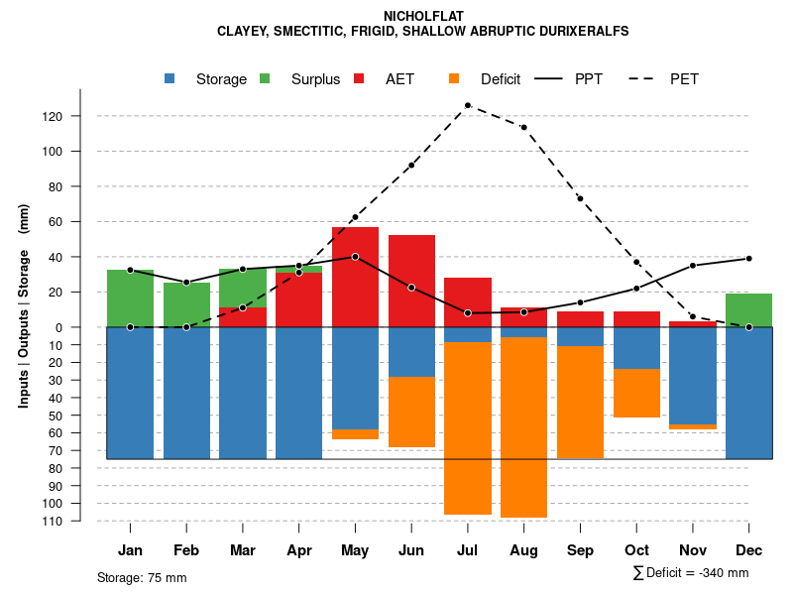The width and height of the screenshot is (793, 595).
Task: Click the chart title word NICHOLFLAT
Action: click(x=422, y=16)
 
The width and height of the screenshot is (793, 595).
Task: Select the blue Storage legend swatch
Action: click(x=170, y=78)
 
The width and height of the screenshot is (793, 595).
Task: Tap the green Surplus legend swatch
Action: click(x=265, y=78)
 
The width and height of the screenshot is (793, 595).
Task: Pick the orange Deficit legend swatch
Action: click(x=454, y=78)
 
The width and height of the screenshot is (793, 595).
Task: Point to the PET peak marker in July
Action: click(x=467, y=105)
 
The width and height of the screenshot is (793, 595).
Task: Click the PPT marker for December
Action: click(x=748, y=258)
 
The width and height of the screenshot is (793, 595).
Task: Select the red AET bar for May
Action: click(x=355, y=278)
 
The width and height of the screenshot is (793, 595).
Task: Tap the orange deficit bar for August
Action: click(x=523, y=426)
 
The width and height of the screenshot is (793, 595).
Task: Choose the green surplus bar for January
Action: click(x=130, y=298)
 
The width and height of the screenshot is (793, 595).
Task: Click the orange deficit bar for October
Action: click(x=636, y=393)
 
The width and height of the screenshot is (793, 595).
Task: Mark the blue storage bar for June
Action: click(x=411, y=352)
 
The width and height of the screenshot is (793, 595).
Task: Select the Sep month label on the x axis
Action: click(x=580, y=550)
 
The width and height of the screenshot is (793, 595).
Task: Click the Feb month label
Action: click(x=186, y=550)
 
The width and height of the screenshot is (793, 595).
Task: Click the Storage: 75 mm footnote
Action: click(x=142, y=577)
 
